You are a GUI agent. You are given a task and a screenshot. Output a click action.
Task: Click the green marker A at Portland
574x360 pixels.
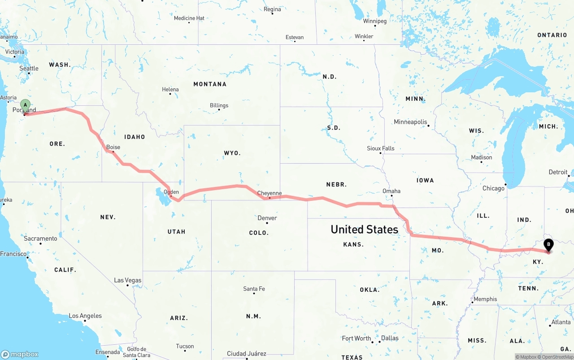[26, 105]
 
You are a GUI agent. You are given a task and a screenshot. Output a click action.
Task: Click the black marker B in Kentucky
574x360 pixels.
[548, 245]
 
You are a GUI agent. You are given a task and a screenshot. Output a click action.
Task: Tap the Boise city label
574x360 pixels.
[113, 147]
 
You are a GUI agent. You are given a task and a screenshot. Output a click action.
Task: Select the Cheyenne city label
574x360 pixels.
[270, 193]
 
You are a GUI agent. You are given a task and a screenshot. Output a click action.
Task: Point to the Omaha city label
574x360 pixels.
[391, 191]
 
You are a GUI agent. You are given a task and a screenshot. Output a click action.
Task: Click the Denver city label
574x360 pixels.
[267, 218]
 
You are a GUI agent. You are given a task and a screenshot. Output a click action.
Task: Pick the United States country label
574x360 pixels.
[364, 230]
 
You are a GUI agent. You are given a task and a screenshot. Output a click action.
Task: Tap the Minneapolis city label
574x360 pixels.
[410, 122]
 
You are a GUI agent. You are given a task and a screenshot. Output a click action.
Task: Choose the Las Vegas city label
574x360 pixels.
[127, 280]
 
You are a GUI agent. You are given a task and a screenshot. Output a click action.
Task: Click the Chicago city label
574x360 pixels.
[493, 188]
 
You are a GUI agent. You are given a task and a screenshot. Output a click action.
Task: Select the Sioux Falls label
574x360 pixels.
[380, 148]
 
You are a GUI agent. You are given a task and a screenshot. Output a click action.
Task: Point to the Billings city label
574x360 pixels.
[219, 105]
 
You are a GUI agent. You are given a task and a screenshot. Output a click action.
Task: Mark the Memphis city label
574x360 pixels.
[485, 299]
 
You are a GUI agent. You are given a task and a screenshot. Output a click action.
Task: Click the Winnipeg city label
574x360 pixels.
[374, 21]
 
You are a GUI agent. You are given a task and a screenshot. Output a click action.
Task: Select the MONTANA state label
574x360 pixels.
[210, 84]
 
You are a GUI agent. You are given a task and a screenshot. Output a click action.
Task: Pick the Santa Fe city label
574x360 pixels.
[254, 289]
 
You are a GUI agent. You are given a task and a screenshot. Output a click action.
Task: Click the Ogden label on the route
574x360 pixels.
[171, 192]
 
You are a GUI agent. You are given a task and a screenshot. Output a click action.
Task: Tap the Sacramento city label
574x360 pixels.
[40, 239]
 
